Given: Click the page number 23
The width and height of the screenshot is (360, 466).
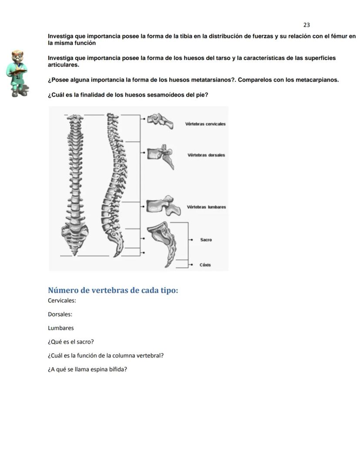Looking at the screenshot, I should pyautogui.click(x=307, y=25).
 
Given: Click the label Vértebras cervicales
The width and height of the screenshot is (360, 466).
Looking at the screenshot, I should pyautogui.click(x=205, y=124).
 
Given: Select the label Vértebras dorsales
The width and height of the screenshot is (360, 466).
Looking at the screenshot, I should pyautogui.click(x=206, y=155).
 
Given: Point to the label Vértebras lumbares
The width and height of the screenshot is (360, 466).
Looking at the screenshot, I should pyautogui.click(x=206, y=207).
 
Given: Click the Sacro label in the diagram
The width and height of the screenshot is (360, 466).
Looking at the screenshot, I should pyautogui.click(x=206, y=240).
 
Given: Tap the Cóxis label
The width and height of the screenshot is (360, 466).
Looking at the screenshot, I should pyautogui.click(x=205, y=265).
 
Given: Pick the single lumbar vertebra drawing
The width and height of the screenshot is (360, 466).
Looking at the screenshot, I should pyautogui.click(x=163, y=206).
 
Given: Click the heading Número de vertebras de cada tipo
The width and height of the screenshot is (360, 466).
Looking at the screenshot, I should pyautogui.click(x=113, y=290).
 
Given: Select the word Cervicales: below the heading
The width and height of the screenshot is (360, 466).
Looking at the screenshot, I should pyautogui.click(x=62, y=300).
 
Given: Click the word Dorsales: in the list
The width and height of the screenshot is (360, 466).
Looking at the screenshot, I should pyautogui.click(x=60, y=314).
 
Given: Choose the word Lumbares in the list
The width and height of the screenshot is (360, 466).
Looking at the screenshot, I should pyautogui.click(x=61, y=328).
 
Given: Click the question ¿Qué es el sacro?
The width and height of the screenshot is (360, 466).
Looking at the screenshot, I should pyautogui.click(x=71, y=342).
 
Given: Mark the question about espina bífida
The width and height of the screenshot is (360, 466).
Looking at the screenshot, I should pyautogui.click(x=87, y=369).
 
